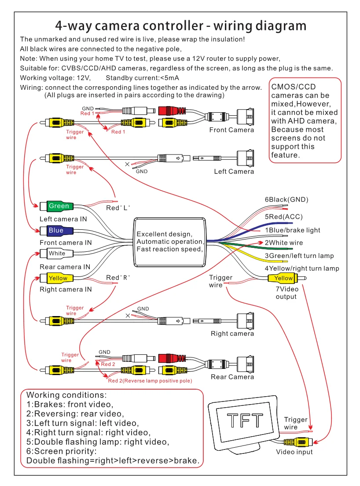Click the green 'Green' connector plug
coord(58,206)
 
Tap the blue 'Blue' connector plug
coord(56,230)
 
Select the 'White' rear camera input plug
coord(56,254)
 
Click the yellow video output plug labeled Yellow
coord(283,278)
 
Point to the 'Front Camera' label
coord(231,130)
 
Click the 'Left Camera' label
coord(234,171)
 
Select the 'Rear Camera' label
coord(232,377)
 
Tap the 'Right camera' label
coord(232,334)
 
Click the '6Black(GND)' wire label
coord(287,199)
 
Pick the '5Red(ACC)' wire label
coord(283,217)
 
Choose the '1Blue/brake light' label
coord(292,230)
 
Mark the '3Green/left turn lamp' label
coord(299,256)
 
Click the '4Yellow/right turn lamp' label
coord(301,268)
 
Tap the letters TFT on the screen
coord(245,420)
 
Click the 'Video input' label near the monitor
coord(294,452)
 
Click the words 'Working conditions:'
coord(66,395)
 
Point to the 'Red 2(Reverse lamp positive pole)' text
coord(150,381)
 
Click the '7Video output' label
coord(287,293)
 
